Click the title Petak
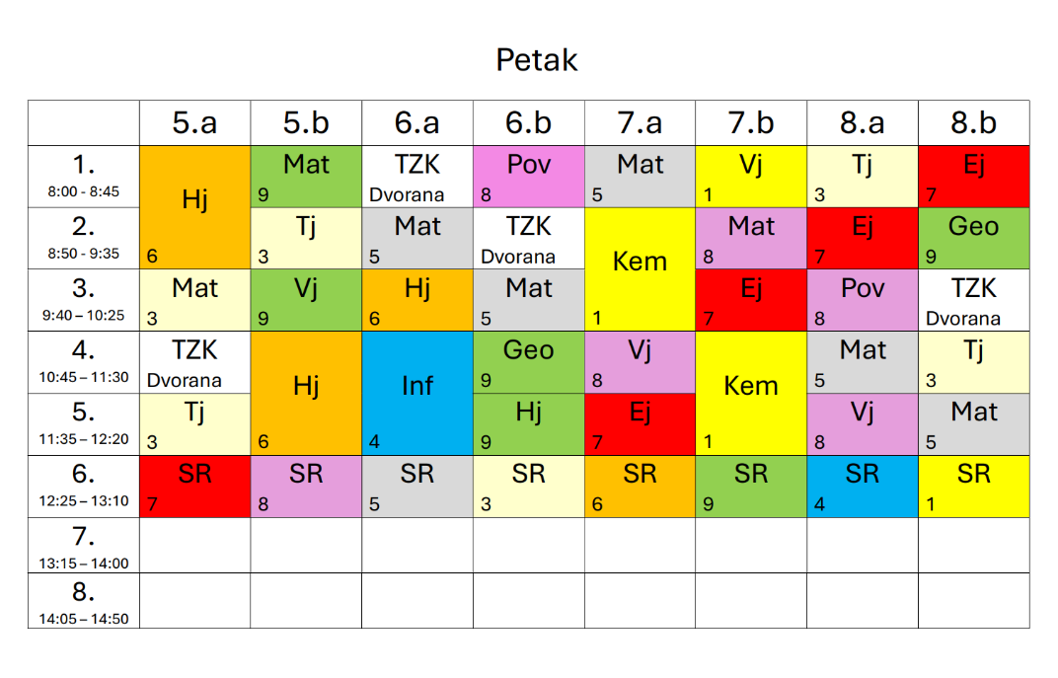(x=536, y=60)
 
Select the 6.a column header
(x=417, y=123)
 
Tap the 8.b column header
(x=973, y=123)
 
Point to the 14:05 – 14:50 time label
(x=84, y=619)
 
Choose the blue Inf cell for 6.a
(x=417, y=385)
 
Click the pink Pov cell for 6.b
(x=529, y=176)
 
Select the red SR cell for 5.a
(x=195, y=486)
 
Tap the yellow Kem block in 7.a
(x=640, y=262)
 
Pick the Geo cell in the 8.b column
(x=973, y=237)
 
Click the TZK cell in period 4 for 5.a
(x=195, y=361)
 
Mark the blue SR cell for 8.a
(x=862, y=486)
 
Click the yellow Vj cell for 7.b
(x=751, y=176)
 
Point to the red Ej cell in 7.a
(x=640, y=423)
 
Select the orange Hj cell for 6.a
(x=417, y=299)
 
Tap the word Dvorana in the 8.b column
(x=963, y=319)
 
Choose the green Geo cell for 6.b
(x=529, y=361)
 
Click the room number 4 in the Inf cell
(x=374, y=443)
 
